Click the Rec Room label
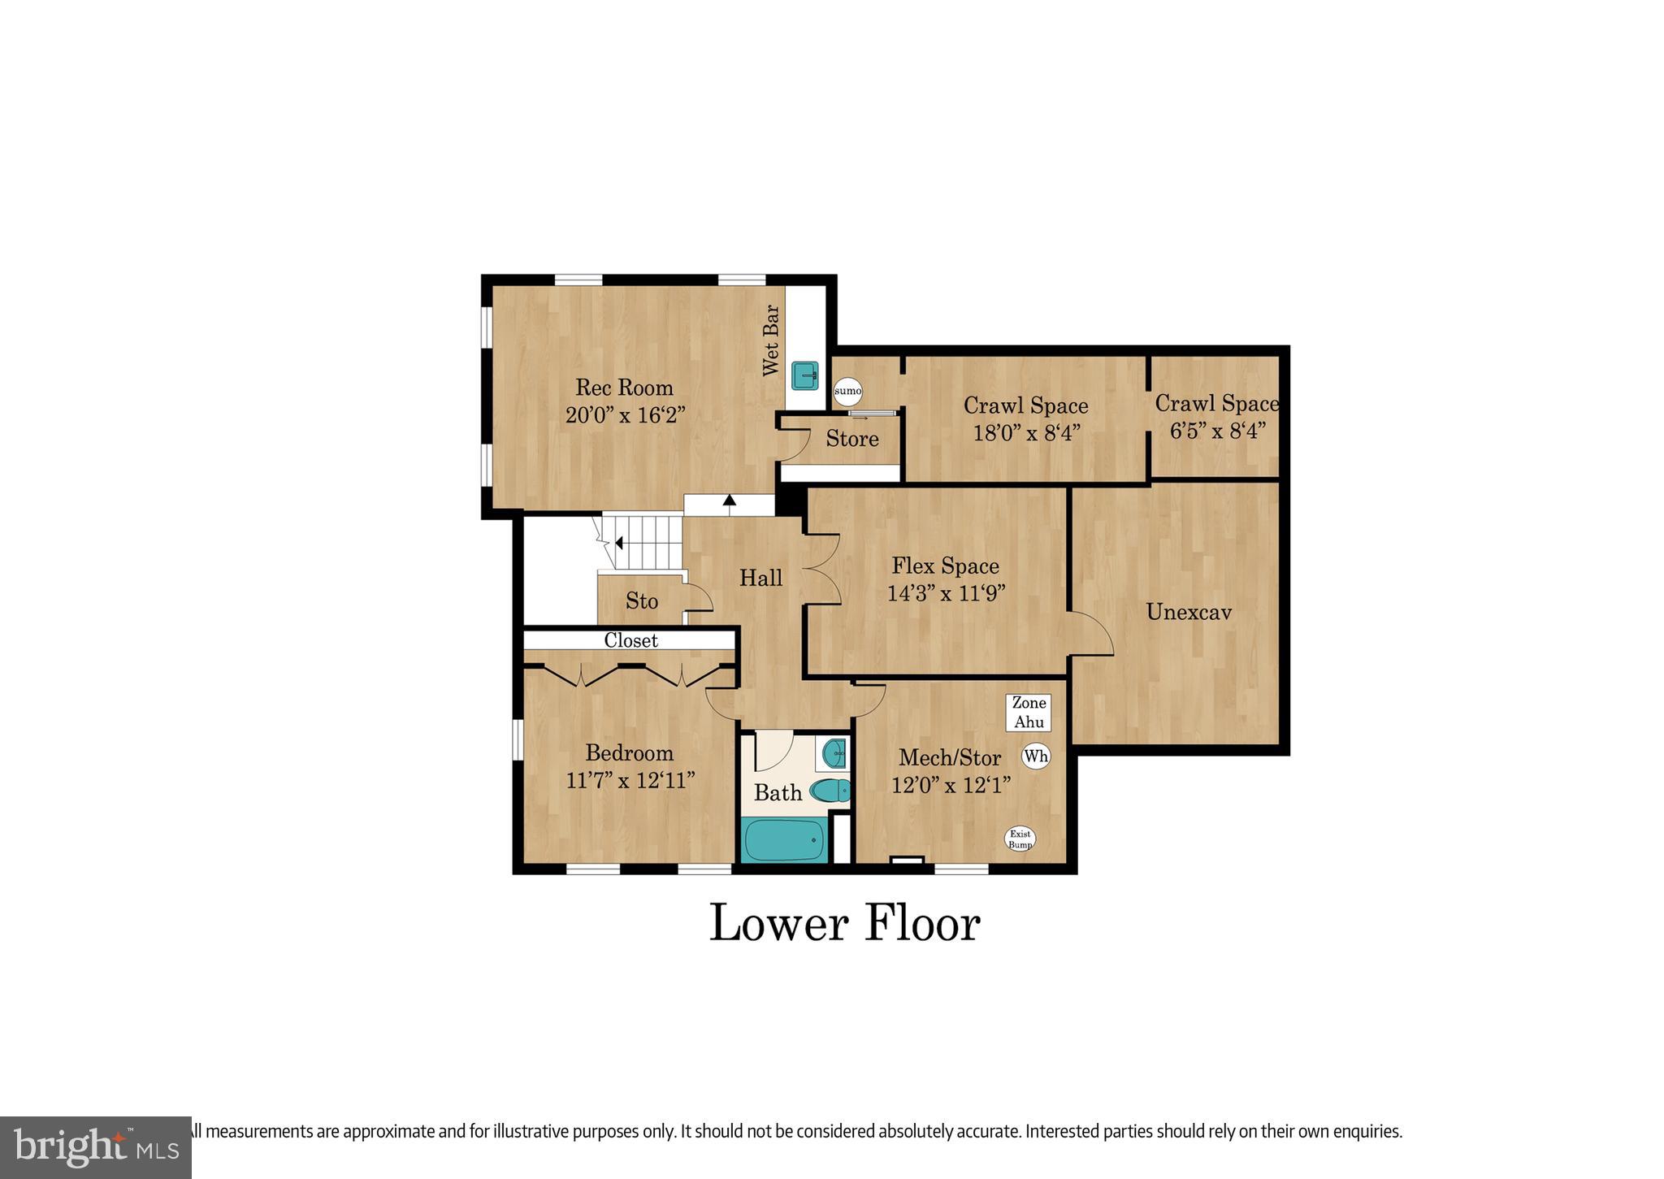624,387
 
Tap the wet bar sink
805,375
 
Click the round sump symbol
847,391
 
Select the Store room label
852,439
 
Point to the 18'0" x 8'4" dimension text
1026,432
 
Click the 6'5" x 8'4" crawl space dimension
1217,431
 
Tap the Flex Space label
945,566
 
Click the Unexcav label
1188,612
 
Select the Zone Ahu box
1029,713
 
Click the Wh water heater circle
1036,756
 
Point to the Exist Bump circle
1020,839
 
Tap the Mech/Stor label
949,758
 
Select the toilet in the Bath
830,790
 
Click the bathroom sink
834,753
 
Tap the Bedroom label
630,752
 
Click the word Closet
630,640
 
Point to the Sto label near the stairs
641,601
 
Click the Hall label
760,578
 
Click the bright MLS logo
96,1147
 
